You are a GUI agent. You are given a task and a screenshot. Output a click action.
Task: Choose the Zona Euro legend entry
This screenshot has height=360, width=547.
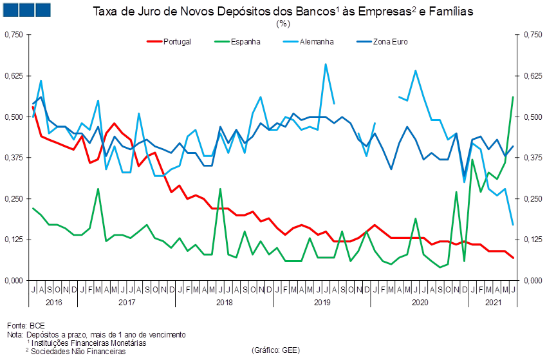pyautogui.click(x=381, y=41)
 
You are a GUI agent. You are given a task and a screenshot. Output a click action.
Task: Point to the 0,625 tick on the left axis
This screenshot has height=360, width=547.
pyautogui.click(x=14, y=75)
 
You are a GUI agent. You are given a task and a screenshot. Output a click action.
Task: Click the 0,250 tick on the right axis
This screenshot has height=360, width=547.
pyautogui.click(x=533, y=198)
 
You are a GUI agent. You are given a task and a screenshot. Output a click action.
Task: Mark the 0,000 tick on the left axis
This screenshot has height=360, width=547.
pyautogui.click(x=14, y=280)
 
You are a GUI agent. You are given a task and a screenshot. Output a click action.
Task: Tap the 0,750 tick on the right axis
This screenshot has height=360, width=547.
pyautogui.click(x=533, y=35)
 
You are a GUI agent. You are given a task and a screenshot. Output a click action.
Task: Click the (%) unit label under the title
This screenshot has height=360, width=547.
pyautogui.click(x=283, y=23)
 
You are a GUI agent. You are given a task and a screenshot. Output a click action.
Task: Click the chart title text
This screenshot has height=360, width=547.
pyautogui.click(x=283, y=11)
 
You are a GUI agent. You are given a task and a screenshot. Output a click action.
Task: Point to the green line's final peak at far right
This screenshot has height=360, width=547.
pyautogui.click(x=513, y=97)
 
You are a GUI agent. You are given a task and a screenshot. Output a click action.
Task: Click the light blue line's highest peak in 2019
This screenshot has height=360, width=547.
pyautogui.click(x=326, y=64)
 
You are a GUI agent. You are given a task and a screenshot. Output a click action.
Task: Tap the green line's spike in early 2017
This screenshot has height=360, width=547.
pyautogui.click(x=98, y=189)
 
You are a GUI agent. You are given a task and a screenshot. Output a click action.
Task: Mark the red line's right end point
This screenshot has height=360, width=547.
pyautogui.click(x=513, y=258)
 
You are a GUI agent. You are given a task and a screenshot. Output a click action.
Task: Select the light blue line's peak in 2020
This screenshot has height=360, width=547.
pyautogui.click(x=416, y=70)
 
